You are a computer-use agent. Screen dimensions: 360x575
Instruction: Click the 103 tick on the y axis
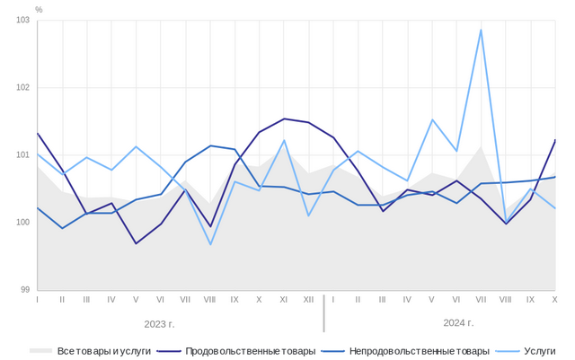point(22,20)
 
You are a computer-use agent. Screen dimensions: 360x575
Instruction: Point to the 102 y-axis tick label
point(22,87)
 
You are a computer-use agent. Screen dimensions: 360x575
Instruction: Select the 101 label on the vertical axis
point(22,154)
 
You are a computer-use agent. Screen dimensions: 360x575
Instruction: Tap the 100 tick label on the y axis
point(22,222)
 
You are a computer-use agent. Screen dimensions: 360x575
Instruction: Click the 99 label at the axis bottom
point(24,289)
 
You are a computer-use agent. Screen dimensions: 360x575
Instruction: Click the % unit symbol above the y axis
point(39,9)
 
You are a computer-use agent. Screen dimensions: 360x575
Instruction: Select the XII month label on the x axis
point(308,299)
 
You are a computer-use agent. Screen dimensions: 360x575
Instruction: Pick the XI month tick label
point(284,299)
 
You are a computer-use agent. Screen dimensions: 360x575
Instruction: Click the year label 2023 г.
point(159,322)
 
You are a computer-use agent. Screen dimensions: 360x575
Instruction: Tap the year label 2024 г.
point(458,322)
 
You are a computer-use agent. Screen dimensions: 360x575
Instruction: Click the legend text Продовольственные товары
point(250,350)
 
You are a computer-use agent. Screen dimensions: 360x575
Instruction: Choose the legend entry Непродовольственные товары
point(419,350)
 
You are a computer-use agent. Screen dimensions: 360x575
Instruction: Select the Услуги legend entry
point(540,350)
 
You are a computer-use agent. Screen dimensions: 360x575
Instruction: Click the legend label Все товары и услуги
point(103,350)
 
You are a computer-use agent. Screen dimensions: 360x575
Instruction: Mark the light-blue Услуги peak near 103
point(481,30)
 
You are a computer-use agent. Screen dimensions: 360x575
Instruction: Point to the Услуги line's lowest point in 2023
point(210,244)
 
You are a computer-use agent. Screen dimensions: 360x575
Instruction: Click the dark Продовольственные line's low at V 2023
point(137,243)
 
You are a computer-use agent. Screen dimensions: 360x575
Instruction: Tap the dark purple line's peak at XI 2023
point(284,119)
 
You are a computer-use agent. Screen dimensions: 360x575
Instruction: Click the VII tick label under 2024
point(481,299)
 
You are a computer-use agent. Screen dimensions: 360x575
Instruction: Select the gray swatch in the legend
point(40,350)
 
